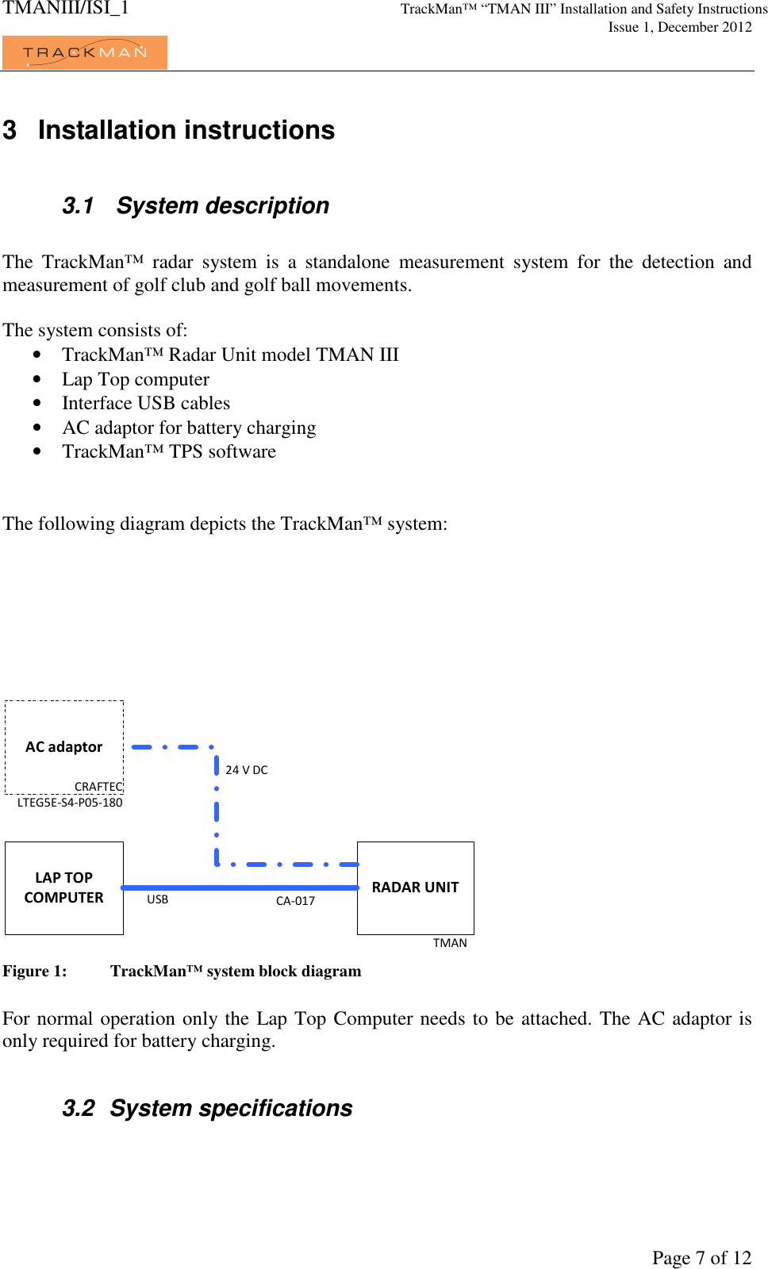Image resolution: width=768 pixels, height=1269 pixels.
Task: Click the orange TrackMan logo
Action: [84, 52]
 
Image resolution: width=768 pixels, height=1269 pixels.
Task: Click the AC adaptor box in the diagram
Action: [63, 746]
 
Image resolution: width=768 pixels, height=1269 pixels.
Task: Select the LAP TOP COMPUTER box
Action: [63, 888]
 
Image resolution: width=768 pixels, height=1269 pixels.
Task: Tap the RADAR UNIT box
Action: [415, 888]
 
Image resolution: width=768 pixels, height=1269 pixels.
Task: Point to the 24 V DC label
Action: [247, 770]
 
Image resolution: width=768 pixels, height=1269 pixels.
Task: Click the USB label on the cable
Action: [157, 899]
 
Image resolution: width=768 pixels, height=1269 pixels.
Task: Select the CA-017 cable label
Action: [295, 901]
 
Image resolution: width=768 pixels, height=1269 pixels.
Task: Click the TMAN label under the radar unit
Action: [450, 943]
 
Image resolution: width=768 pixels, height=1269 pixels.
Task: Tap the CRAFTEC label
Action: [98, 787]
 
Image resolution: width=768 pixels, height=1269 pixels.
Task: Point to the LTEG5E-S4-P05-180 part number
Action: [70, 803]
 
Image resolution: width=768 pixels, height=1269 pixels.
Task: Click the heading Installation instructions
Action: [186, 130]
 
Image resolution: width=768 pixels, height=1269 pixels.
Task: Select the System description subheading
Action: [222, 205]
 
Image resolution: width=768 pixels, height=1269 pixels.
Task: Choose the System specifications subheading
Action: [231, 1108]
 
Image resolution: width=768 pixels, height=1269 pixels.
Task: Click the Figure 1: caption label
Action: [35, 972]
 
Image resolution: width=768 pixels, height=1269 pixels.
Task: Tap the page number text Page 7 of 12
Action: [701, 1257]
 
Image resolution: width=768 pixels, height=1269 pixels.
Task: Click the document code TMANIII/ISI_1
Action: [65, 9]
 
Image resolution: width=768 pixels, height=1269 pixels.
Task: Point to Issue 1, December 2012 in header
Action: [680, 27]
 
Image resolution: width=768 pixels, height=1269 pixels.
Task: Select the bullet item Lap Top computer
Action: [136, 379]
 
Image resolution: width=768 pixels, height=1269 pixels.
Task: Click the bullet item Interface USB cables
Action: [146, 403]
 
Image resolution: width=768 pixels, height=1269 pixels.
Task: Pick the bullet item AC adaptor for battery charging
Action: [189, 427]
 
